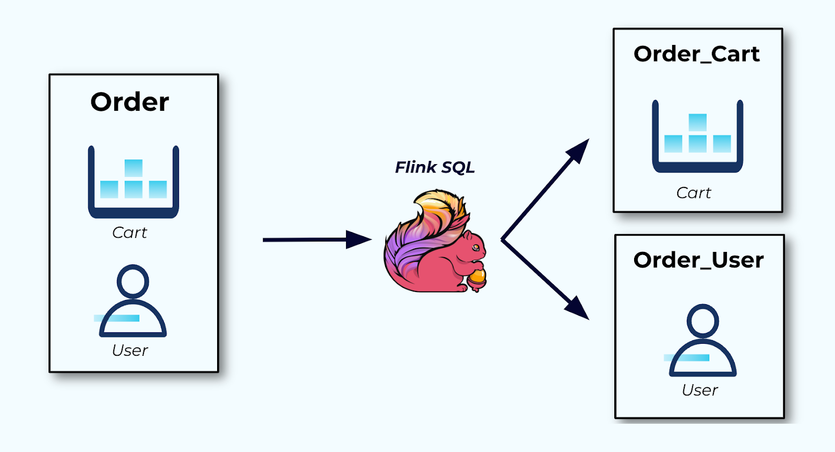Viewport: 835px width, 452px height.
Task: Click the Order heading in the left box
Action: [x=129, y=102]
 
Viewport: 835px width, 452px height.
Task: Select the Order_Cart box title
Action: [x=696, y=54]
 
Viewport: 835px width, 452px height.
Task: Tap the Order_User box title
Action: [x=698, y=260]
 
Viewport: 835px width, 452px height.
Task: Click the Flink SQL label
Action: [x=435, y=167]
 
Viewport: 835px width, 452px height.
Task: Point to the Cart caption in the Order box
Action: [x=129, y=233]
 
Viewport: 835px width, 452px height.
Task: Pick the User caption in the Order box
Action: [x=130, y=350]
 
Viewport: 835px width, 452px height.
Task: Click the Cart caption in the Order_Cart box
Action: [x=694, y=193]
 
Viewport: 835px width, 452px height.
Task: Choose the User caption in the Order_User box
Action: [x=700, y=390]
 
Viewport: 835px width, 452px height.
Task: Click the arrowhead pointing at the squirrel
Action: [x=359, y=240]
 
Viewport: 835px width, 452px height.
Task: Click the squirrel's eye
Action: [x=475, y=247]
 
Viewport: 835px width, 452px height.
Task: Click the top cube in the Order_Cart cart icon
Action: [x=697, y=122]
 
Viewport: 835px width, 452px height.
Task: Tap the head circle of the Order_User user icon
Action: [x=702, y=320]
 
